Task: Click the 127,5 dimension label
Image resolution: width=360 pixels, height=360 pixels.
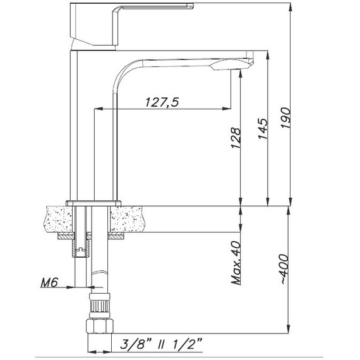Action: point(162,102)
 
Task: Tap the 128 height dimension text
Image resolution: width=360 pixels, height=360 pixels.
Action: point(236,138)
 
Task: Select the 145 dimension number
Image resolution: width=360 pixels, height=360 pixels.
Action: point(263,129)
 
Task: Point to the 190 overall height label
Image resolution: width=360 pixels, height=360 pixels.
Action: point(286,117)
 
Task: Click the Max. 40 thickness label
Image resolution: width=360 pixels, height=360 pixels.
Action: point(236,263)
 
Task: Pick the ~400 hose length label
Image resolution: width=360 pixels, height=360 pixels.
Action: point(285,269)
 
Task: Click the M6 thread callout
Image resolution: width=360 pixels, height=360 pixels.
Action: point(49,282)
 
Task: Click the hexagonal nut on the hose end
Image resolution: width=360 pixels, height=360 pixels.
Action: point(100,327)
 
